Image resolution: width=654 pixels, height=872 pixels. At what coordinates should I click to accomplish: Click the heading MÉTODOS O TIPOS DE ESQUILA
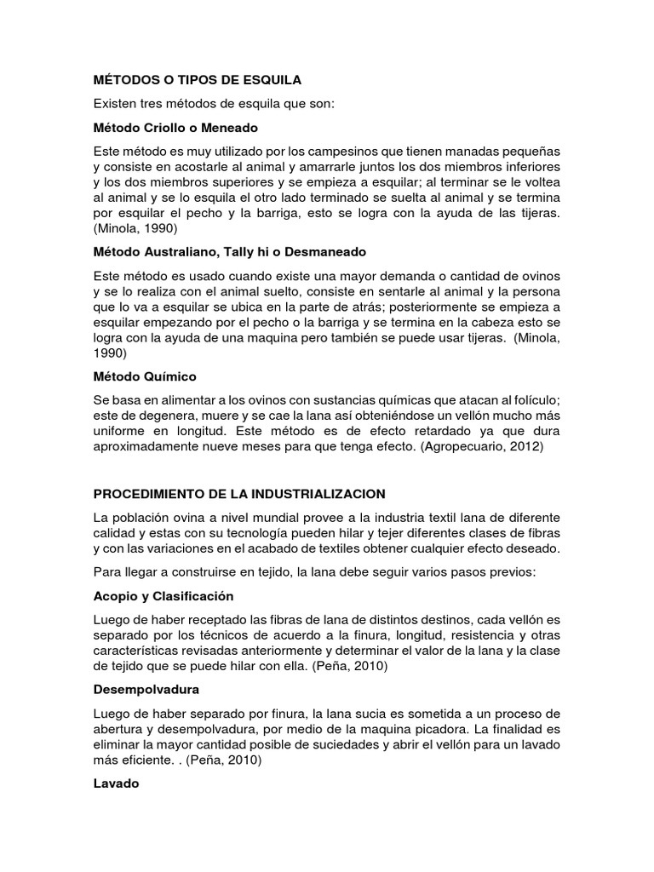(198, 80)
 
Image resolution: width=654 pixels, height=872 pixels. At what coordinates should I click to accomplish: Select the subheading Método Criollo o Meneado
(175, 128)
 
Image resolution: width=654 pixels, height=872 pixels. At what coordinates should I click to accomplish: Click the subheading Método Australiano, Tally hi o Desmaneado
(230, 252)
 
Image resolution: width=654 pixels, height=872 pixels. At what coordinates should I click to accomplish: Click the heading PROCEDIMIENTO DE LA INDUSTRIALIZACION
(239, 494)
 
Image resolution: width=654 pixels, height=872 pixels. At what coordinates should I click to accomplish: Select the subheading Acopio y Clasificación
(163, 596)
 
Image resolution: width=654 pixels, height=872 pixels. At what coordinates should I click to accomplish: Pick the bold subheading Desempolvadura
(146, 690)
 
